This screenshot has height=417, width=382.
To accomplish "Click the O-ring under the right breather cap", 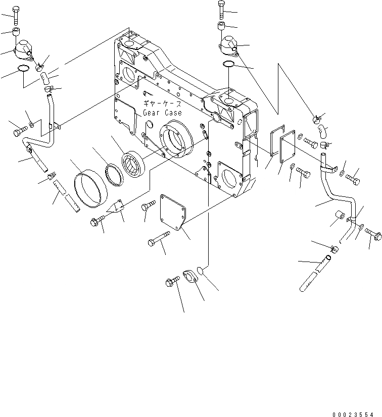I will (228, 64).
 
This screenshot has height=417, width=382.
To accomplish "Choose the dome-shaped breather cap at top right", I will (227, 45).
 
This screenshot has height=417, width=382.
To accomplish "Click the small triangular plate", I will (118, 208).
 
